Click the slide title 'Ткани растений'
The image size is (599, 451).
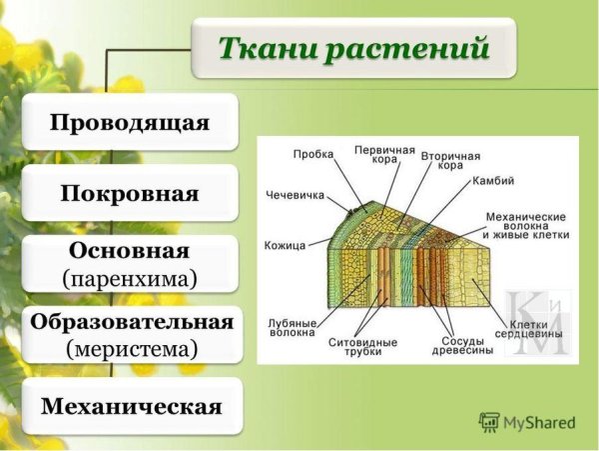pyautogui.click(x=354, y=47)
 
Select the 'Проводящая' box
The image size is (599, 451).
pyautogui.click(x=130, y=123)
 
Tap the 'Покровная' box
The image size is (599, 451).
pyautogui.click(x=130, y=193)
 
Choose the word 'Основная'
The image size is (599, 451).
pyautogui.click(x=130, y=249)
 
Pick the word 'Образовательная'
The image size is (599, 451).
pyautogui.click(x=131, y=321)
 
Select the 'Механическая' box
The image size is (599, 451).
pyautogui.click(x=131, y=406)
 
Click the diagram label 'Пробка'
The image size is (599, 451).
pyautogui.click(x=313, y=155)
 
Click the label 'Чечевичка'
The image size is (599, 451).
pyautogui.click(x=296, y=195)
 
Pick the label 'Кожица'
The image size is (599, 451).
pyautogui.click(x=284, y=244)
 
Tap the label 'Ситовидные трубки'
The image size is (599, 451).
pyautogui.click(x=362, y=346)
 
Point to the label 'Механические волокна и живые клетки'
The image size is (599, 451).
pyautogui.click(x=526, y=225)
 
